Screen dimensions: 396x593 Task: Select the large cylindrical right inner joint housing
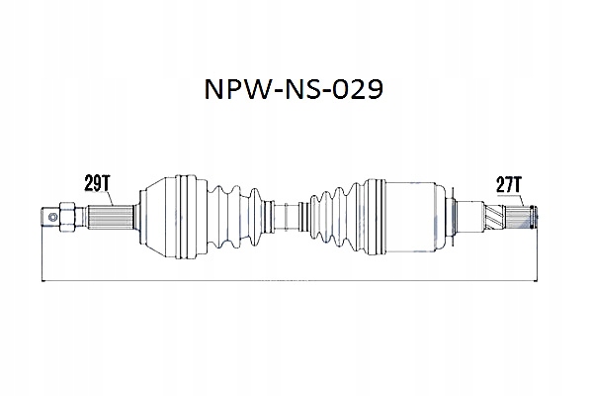point(405,212)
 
